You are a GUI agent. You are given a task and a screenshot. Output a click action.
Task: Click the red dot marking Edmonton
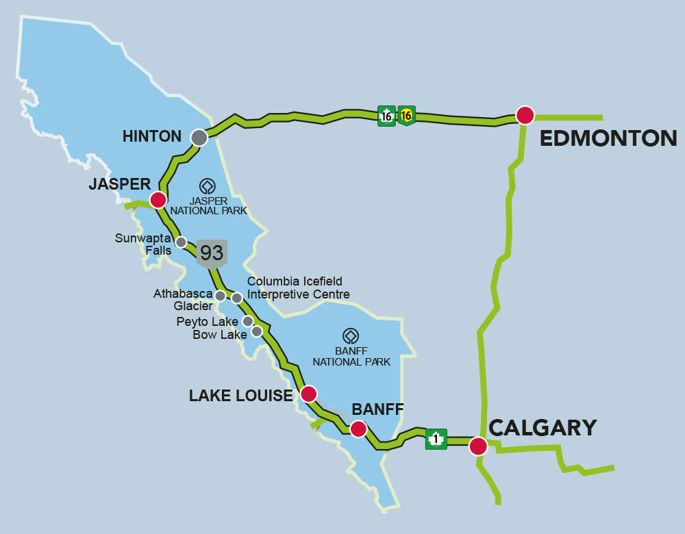(x=525, y=115)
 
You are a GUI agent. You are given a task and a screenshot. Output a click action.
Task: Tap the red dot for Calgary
(x=478, y=446)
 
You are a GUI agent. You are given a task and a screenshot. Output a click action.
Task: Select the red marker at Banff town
(x=358, y=429)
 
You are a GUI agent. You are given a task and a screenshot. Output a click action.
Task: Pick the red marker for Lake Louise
(x=309, y=394)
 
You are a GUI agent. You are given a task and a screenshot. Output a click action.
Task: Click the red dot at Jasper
(x=158, y=200)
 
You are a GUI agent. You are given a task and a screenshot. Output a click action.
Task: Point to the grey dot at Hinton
(x=199, y=138)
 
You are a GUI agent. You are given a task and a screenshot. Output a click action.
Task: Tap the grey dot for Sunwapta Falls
(x=181, y=242)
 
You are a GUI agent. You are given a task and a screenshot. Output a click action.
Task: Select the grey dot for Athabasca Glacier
(x=221, y=295)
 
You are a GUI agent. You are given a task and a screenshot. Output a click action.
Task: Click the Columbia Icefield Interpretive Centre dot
(x=237, y=298)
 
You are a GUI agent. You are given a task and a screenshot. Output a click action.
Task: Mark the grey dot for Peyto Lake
(x=248, y=321)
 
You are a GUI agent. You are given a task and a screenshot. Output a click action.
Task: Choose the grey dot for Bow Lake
(x=257, y=331)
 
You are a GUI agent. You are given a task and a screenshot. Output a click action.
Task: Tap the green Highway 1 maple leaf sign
(x=436, y=439)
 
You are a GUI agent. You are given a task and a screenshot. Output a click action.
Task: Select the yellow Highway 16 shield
(x=406, y=116)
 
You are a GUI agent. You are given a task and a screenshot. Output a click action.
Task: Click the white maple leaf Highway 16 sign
(x=387, y=116)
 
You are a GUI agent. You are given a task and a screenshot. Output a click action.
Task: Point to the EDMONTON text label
(x=608, y=139)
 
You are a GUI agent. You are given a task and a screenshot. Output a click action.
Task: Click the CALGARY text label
(x=543, y=428)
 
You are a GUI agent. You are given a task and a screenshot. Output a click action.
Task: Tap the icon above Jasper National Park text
(x=207, y=186)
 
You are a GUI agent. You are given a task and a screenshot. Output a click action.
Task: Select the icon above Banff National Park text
(x=351, y=335)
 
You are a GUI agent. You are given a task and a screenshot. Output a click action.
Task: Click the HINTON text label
(x=151, y=136)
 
